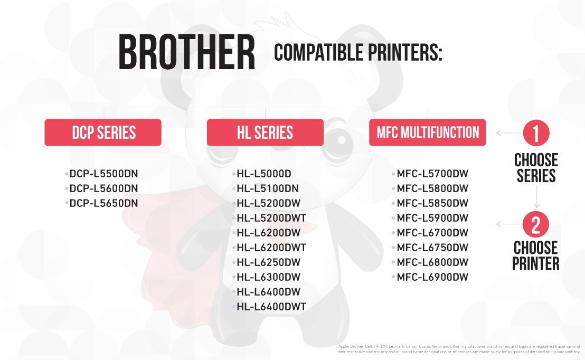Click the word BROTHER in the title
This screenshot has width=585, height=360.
[x=186, y=52]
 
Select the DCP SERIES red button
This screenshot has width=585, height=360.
[x=103, y=132]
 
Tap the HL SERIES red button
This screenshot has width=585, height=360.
[x=265, y=132]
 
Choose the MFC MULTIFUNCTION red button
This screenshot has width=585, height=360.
[x=428, y=132]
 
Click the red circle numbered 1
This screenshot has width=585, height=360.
[x=536, y=133]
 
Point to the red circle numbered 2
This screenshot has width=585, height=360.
[x=536, y=224]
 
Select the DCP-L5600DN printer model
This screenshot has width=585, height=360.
[x=103, y=188]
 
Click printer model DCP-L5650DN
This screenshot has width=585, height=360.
[x=103, y=203]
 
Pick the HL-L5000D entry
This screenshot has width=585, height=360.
[x=264, y=174]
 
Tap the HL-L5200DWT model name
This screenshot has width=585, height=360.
[x=271, y=218]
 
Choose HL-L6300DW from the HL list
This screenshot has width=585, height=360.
[x=268, y=277]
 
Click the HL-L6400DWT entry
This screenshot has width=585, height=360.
[x=271, y=307]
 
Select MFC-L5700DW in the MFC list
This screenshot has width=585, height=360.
[x=432, y=174]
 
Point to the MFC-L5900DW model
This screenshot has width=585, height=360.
[x=432, y=218]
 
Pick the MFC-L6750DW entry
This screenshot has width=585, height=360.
[x=432, y=248]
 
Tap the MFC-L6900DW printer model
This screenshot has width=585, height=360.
[x=432, y=277]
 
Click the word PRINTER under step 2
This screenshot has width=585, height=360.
[x=536, y=263]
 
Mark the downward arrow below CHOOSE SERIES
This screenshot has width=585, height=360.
[x=537, y=196]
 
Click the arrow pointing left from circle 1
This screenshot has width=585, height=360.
[x=507, y=133]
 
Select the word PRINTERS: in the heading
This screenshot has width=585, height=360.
[x=405, y=52]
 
